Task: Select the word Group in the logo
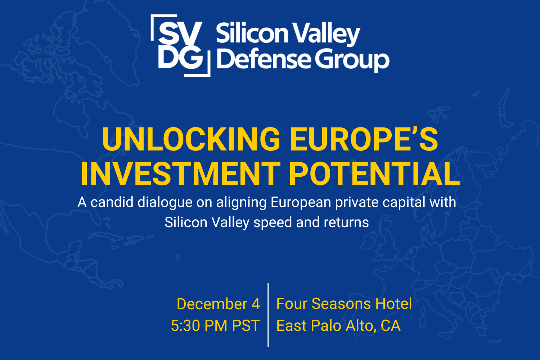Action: pyautogui.click(x=353, y=60)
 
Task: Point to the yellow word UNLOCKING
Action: pyautogui.click(x=191, y=140)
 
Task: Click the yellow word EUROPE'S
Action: pyautogui.click(x=364, y=140)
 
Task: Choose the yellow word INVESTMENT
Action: pyautogui.click(x=180, y=174)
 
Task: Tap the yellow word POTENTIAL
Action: pyautogui.click(x=374, y=174)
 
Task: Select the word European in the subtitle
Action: pyautogui.click(x=301, y=203)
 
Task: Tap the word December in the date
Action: pyautogui.click(x=212, y=304)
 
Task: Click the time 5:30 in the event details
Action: pyautogui.click(x=185, y=326)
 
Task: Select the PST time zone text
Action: pyautogui.click(x=246, y=326)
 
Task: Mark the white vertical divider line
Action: pyautogui.click(x=268, y=315)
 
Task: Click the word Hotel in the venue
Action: pyautogui.click(x=393, y=304)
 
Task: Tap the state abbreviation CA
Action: pyautogui.click(x=391, y=326)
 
